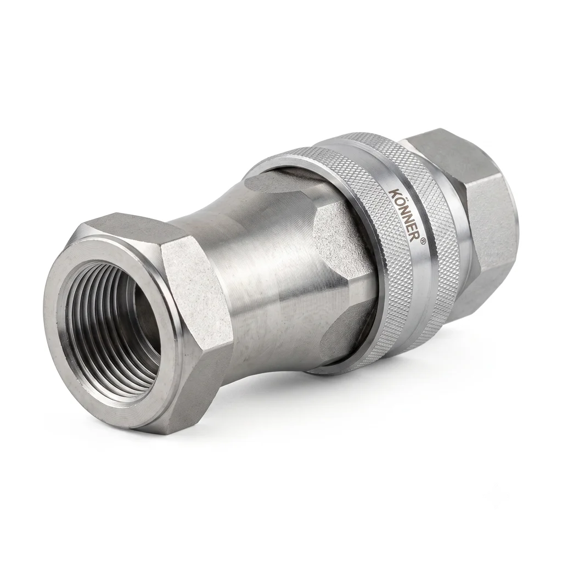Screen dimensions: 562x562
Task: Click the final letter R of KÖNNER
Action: [x=415, y=236]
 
